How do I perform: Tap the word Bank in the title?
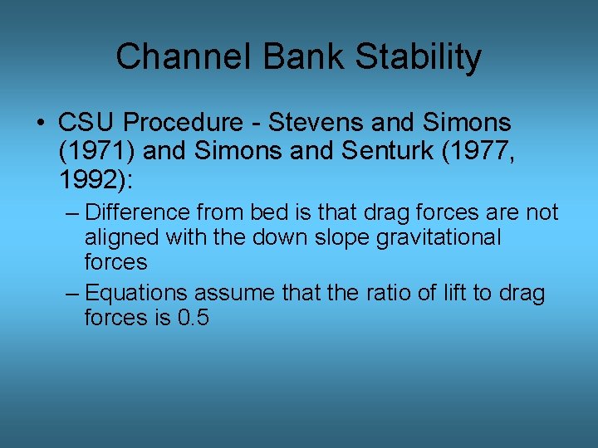point(287,57)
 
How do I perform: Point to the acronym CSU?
point(84,124)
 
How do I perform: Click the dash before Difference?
point(71,213)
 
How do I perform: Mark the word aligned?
point(122,237)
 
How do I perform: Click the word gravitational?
point(441,237)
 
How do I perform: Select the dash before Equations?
point(71,293)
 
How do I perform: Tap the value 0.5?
point(194,318)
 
